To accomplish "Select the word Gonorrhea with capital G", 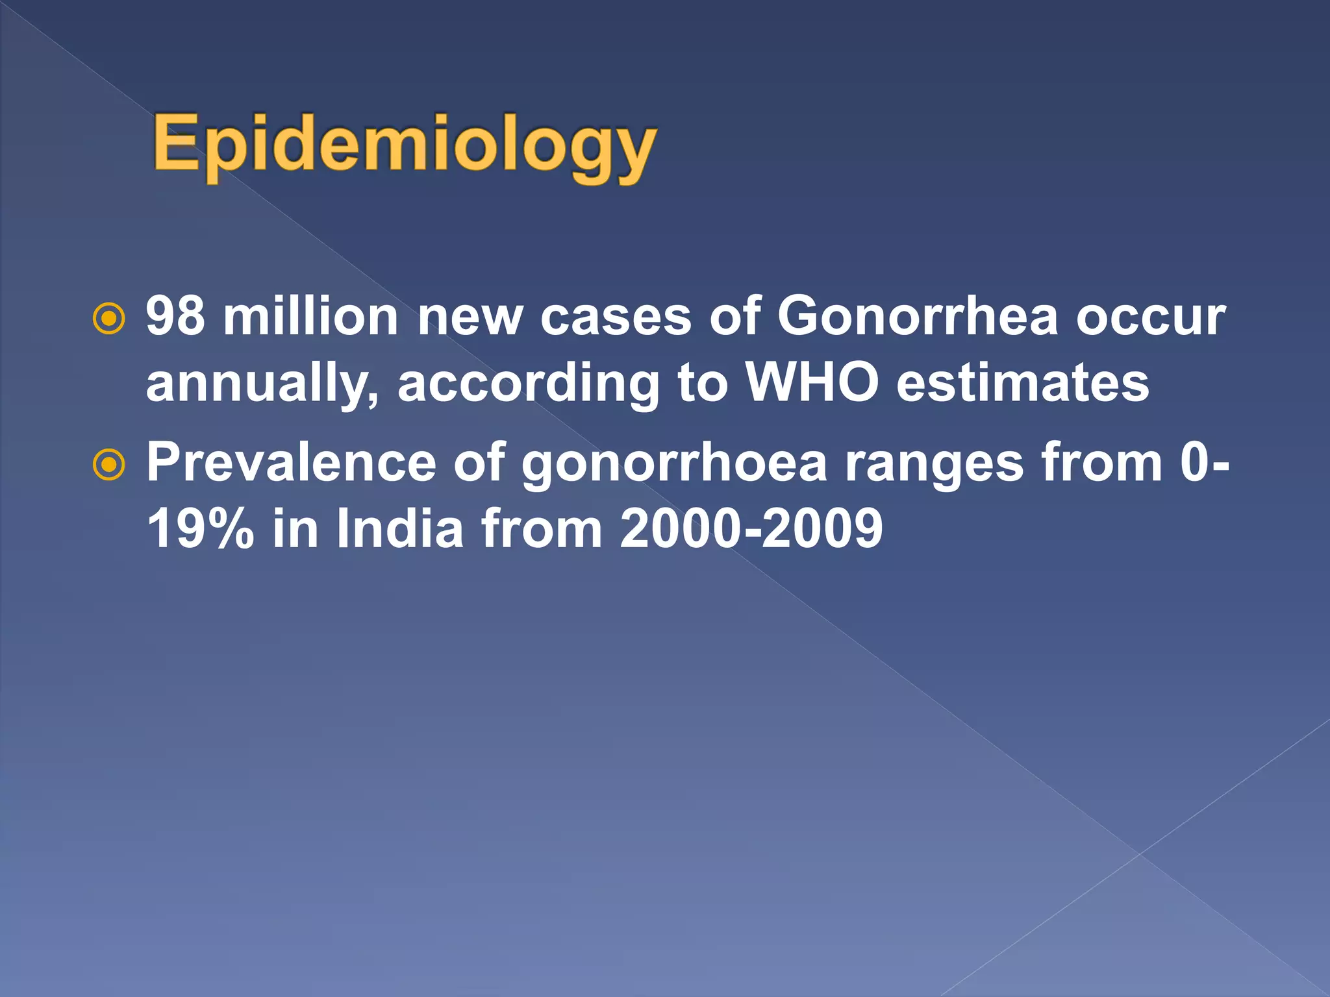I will coord(918,317).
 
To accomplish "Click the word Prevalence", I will coord(291,462).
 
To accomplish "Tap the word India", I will coord(399,528).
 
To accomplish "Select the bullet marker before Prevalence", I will coord(108,464).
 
